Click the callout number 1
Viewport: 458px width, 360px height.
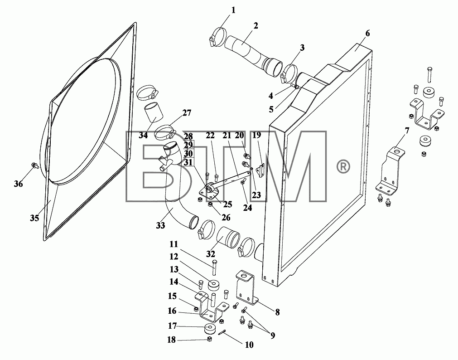(x=233, y=10)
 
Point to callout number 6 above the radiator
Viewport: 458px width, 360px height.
(x=367, y=34)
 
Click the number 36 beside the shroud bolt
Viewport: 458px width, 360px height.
(x=18, y=184)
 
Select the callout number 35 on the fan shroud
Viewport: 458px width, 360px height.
(x=34, y=218)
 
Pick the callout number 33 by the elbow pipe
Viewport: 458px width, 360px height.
(x=160, y=225)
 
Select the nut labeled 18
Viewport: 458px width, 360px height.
(x=209, y=339)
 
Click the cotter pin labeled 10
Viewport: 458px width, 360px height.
(x=222, y=333)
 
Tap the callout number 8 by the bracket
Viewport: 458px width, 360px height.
(x=277, y=312)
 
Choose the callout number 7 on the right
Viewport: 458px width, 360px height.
(x=407, y=131)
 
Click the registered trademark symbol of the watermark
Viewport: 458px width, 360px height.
(x=343, y=167)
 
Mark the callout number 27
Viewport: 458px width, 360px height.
(x=187, y=112)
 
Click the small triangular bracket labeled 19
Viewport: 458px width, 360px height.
(x=261, y=170)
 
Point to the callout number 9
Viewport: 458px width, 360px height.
(x=273, y=336)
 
